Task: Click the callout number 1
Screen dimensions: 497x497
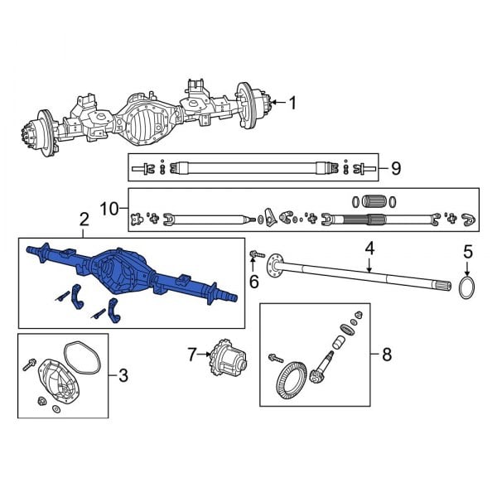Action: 291,103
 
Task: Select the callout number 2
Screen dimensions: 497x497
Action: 84,220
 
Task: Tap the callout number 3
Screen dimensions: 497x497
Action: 123,377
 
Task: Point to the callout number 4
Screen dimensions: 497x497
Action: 370,247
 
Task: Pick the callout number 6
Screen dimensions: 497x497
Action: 253,282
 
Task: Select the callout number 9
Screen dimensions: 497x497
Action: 395,169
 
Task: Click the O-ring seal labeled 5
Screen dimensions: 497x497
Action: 467,287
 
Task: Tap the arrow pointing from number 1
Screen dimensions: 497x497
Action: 275,103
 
